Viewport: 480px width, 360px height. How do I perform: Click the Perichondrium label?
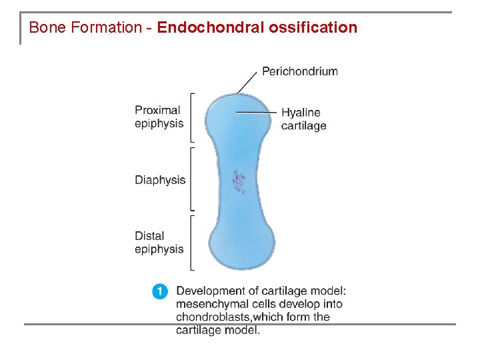click(x=299, y=71)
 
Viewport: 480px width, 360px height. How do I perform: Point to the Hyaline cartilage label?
click(x=303, y=119)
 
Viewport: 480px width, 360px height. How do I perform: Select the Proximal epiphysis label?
click(x=159, y=117)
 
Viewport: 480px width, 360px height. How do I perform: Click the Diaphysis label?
click(x=160, y=180)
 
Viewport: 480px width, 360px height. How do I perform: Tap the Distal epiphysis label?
click(x=159, y=243)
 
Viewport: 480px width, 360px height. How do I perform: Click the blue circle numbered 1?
click(x=160, y=291)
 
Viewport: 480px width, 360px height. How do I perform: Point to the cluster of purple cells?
click(x=239, y=181)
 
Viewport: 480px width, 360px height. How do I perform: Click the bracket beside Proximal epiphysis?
click(x=192, y=117)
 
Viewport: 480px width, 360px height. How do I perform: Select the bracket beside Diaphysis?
click(x=192, y=179)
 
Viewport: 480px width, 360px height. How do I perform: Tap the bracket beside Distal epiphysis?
click(x=192, y=243)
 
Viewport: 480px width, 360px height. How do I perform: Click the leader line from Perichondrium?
click(x=248, y=81)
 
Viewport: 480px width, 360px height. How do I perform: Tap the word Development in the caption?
click(x=209, y=291)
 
